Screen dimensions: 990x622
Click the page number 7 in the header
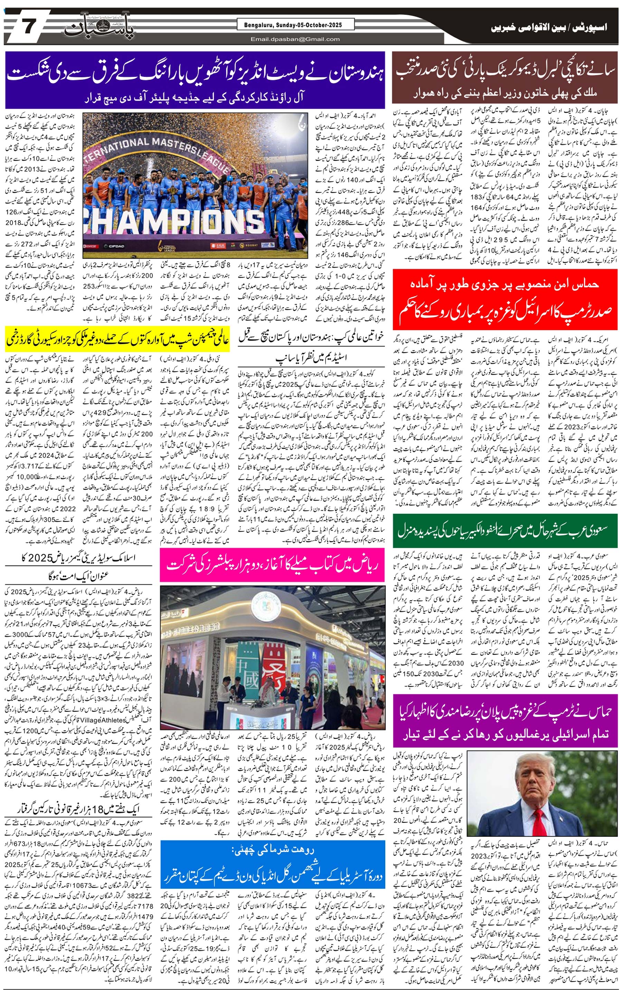pos(28,28)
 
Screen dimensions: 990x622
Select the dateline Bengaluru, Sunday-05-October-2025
pos(295,25)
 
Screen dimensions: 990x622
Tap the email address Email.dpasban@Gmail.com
pos(295,39)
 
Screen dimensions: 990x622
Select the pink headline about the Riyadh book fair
pos(272,566)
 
